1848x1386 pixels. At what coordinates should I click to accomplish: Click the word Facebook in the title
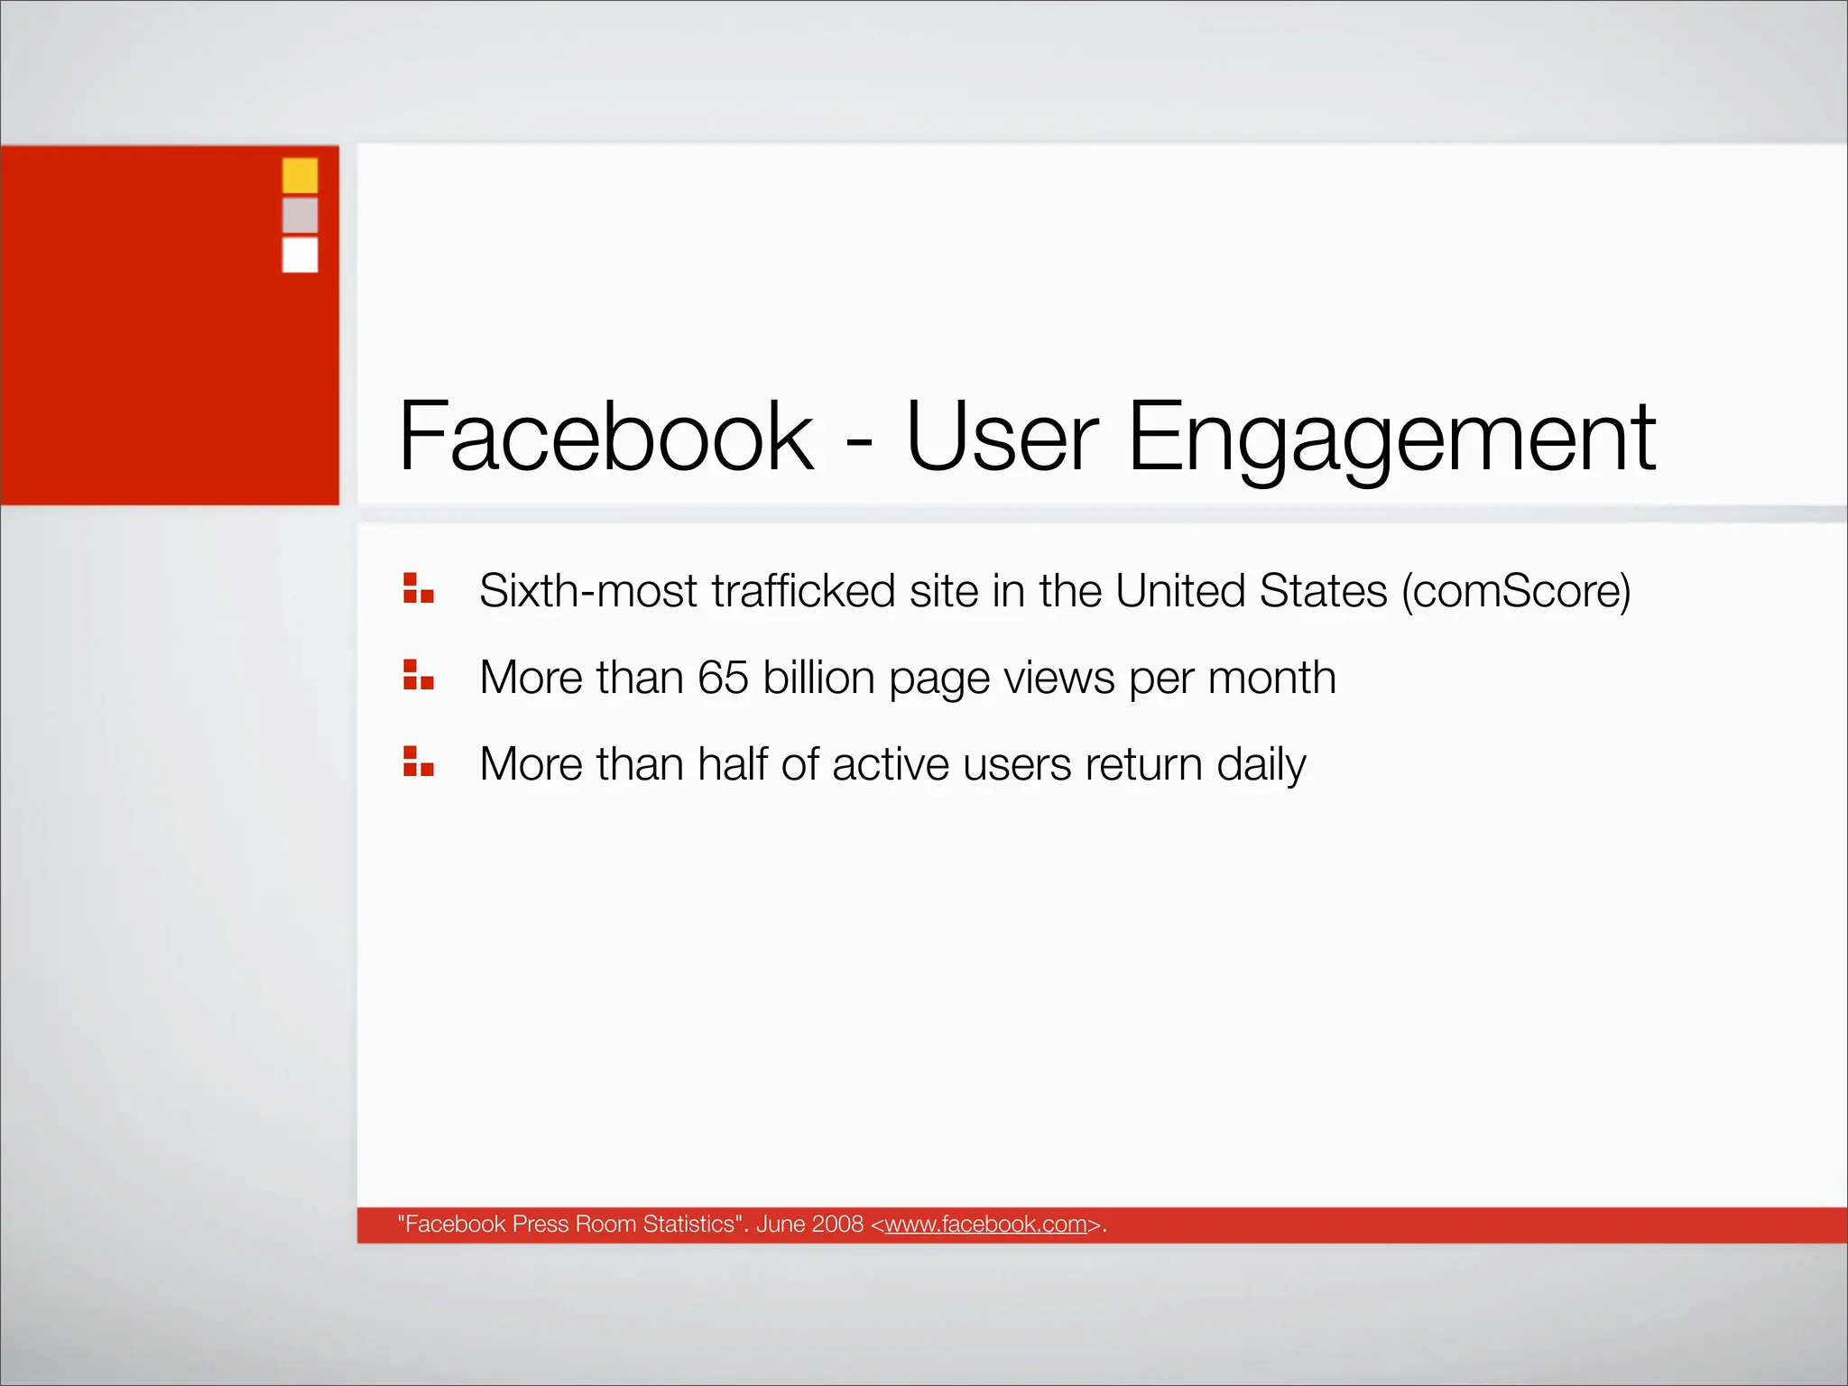pyautogui.click(x=606, y=438)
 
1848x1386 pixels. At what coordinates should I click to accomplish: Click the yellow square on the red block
pyautogui.click(x=300, y=175)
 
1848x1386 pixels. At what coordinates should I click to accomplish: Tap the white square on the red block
pyautogui.click(x=300, y=254)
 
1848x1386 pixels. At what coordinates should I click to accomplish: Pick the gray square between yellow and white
pyautogui.click(x=300, y=215)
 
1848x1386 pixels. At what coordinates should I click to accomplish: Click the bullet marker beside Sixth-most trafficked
pyautogui.click(x=418, y=588)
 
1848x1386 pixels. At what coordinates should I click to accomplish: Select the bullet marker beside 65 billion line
pyautogui.click(x=418, y=675)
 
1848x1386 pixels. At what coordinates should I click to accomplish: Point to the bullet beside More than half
pyautogui.click(x=418, y=762)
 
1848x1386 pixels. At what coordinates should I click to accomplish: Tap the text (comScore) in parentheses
pyautogui.click(x=1516, y=591)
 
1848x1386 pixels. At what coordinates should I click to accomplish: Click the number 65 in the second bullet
pyautogui.click(x=723, y=678)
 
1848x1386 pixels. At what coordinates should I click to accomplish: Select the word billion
pyautogui.click(x=818, y=678)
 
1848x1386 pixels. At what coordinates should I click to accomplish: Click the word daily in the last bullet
pyautogui.click(x=1261, y=765)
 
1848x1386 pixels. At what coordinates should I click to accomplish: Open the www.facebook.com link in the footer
pyautogui.click(x=985, y=1224)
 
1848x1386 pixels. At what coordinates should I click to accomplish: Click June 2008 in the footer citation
pyautogui.click(x=809, y=1224)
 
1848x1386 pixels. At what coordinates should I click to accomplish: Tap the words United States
pyautogui.click(x=1251, y=591)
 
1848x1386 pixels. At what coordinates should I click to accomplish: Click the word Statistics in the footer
pyautogui.click(x=689, y=1224)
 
